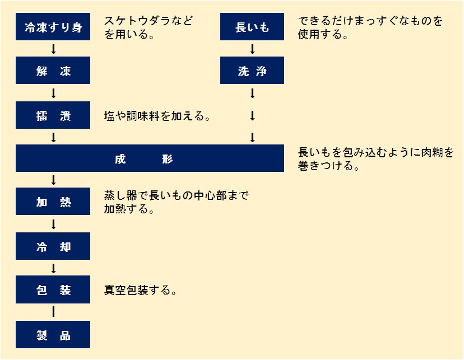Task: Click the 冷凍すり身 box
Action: (x=53, y=27)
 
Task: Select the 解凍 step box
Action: (x=53, y=71)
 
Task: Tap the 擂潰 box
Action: (x=53, y=115)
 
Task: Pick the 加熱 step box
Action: (x=53, y=202)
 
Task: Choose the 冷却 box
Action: (x=53, y=247)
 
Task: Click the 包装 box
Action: (x=53, y=291)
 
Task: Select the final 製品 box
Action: (x=53, y=335)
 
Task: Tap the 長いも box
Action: (x=252, y=27)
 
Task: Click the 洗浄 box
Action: (x=252, y=71)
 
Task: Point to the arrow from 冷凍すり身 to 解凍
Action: (x=54, y=49)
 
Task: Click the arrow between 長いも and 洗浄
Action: (x=252, y=49)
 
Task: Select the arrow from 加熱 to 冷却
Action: (x=54, y=225)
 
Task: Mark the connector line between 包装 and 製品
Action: (x=54, y=312)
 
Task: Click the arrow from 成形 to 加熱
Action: (x=54, y=180)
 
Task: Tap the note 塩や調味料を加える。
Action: (x=157, y=116)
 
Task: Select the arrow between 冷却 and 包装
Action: (x=54, y=269)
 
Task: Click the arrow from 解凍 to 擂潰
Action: (x=54, y=93)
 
